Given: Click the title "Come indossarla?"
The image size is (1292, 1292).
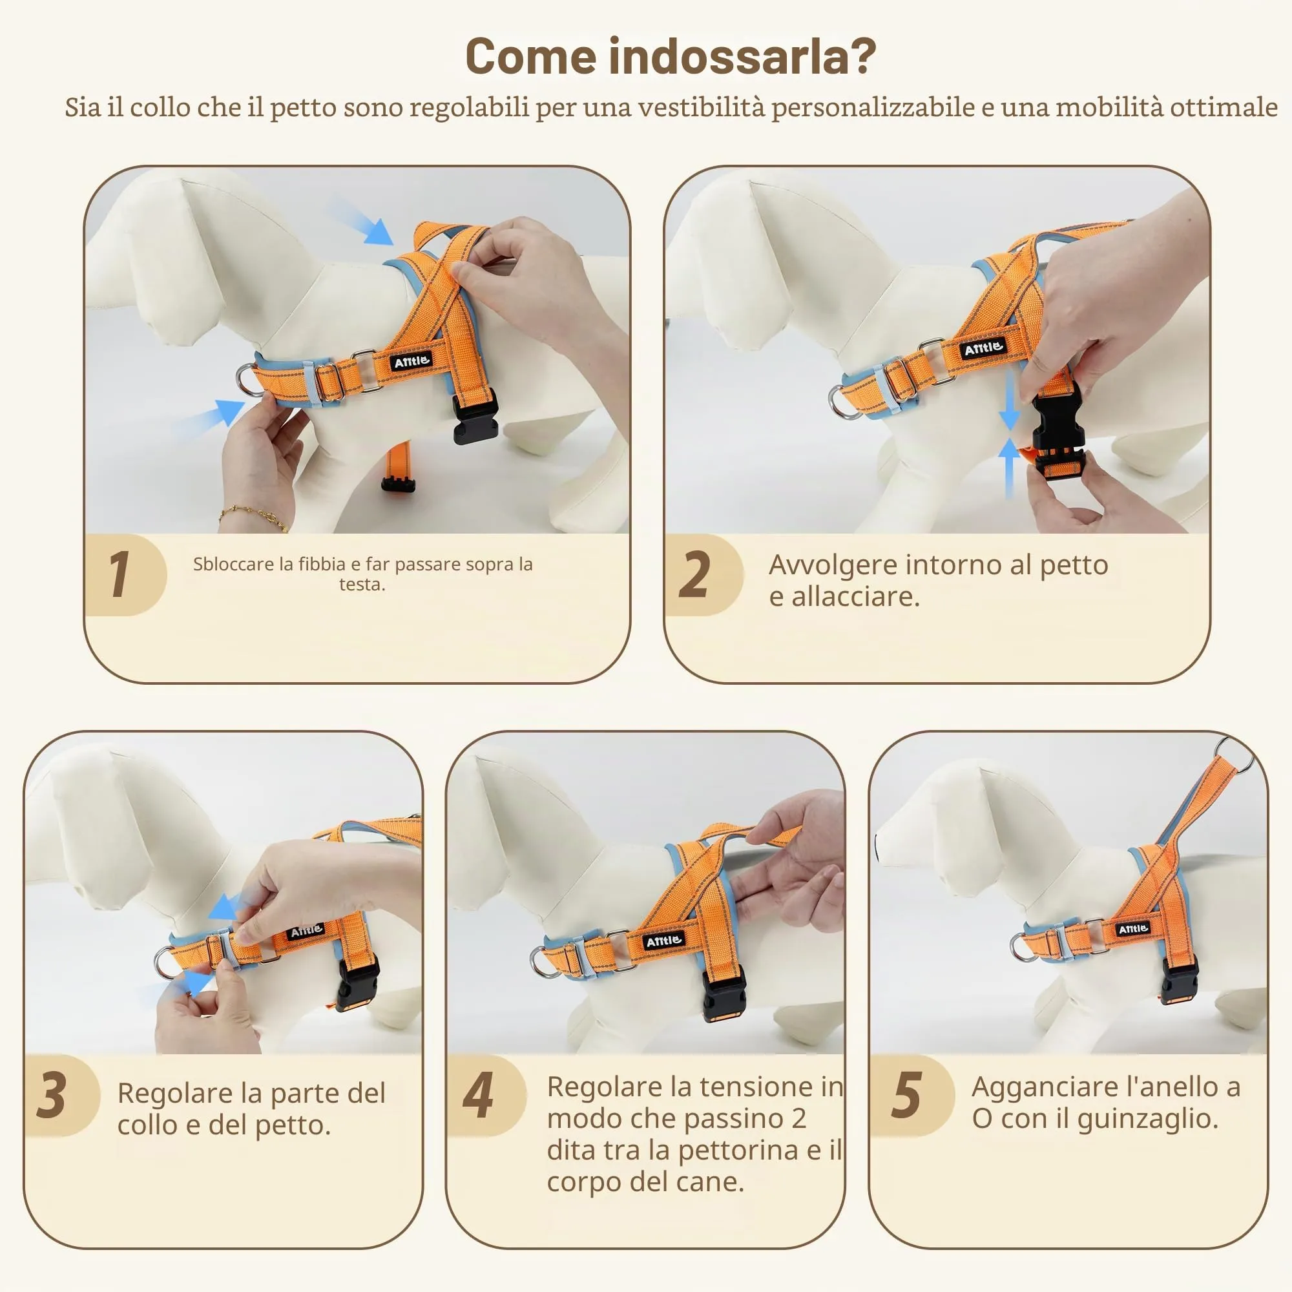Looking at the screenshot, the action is pyautogui.click(x=670, y=56).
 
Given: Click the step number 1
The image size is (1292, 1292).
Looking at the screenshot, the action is pyautogui.click(x=120, y=574).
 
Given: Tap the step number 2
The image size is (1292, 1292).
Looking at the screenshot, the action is pyautogui.click(x=694, y=574).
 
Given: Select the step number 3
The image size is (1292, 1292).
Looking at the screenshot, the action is pyautogui.click(x=52, y=1095).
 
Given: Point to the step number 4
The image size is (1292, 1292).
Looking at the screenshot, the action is pyautogui.click(x=478, y=1095).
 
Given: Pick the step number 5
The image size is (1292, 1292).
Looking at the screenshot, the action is pyautogui.click(x=907, y=1095).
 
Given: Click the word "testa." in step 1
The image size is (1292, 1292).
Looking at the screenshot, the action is pyautogui.click(x=362, y=585).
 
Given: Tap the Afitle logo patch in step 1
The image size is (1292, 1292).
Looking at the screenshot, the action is pyautogui.click(x=412, y=362).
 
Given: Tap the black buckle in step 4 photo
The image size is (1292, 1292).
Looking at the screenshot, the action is pyautogui.click(x=724, y=992).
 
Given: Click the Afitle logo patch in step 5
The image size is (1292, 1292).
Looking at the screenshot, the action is pyautogui.click(x=1133, y=929).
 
